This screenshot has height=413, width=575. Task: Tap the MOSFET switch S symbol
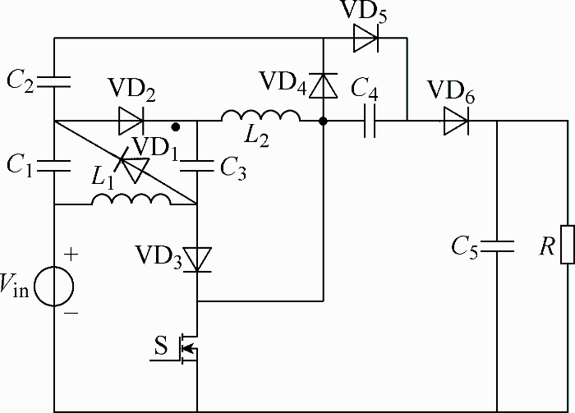tap(187, 348)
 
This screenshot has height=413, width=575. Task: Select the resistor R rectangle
tap(568, 245)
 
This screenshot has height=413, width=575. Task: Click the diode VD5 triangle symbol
tap(366, 38)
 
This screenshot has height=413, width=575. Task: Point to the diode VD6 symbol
tap(456, 121)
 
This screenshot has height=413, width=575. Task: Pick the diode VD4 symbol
tap(323, 85)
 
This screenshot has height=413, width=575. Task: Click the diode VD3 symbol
tap(197, 259)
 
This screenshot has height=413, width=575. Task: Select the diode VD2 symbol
tap(131, 121)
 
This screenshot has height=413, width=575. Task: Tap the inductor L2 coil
tap(260, 115)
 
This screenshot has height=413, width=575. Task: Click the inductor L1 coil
tap(131, 199)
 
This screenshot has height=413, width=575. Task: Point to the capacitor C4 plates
tap(370, 121)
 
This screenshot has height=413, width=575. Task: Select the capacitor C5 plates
tap(497, 246)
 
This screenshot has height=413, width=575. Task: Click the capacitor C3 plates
tap(197, 166)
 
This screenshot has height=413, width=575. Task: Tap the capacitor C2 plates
tap(54, 82)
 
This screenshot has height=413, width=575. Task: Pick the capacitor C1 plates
tap(54, 166)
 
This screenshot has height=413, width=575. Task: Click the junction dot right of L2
tap(323, 121)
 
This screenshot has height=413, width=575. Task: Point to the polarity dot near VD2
tap(176, 127)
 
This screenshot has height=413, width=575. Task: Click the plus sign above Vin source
tap(71, 254)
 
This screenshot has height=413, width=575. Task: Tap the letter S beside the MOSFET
tap(161, 345)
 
